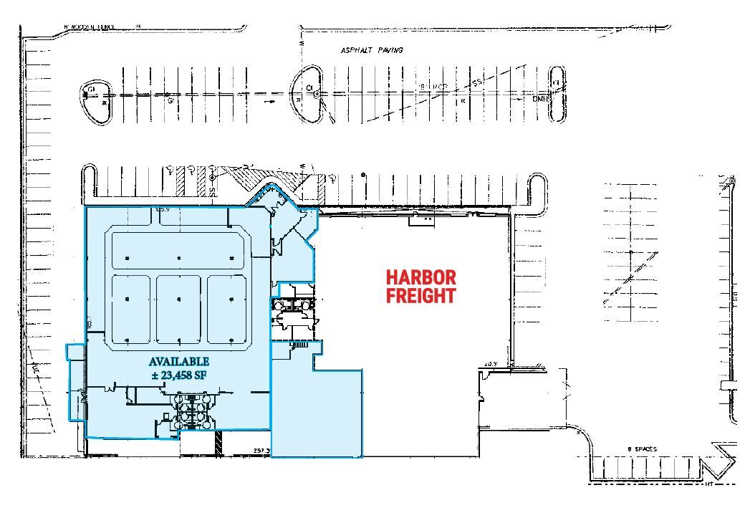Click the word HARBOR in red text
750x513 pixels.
pos(420,277)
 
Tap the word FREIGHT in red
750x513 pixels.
pos(420,295)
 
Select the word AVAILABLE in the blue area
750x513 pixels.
pos(179,361)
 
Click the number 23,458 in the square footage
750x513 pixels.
pos(177,374)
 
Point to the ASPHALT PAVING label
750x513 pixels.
pos(372,51)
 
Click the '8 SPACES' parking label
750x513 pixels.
pos(642,449)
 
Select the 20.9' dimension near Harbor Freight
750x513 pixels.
pos(491,364)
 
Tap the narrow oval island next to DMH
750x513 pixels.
pos(557,94)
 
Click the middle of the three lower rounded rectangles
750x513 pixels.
pos(179,309)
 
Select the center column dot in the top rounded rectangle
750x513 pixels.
pos(179,258)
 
